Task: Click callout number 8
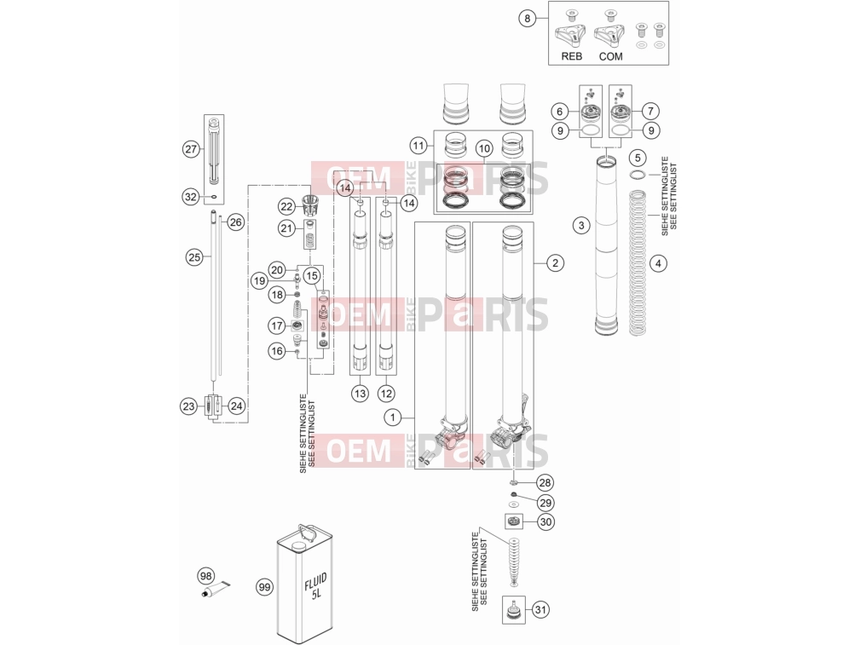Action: (528, 19)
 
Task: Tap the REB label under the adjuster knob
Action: (572, 56)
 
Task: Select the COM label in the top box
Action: (610, 56)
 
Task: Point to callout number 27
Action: (191, 149)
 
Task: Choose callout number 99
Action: (265, 587)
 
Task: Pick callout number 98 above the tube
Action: (205, 577)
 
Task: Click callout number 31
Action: (540, 609)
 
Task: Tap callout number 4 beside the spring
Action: (658, 263)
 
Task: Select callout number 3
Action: (581, 225)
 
